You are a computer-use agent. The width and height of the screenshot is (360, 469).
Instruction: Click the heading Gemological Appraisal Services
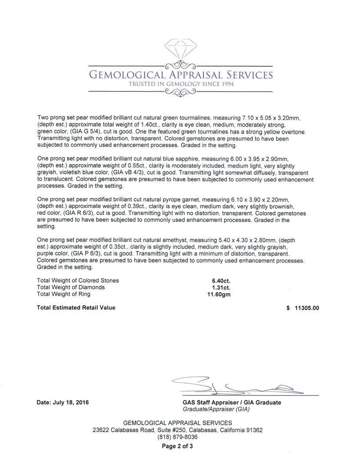(x=181, y=75)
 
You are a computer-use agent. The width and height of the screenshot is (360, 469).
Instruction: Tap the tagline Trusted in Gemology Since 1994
(x=181, y=84)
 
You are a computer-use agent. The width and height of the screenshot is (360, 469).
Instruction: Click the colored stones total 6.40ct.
(x=221, y=281)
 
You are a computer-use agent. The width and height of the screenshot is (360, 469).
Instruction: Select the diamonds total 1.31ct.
(x=221, y=287)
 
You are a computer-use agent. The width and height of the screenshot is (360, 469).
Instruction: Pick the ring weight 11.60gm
(x=219, y=294)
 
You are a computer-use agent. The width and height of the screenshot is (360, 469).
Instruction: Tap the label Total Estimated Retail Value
(x=76, y=308)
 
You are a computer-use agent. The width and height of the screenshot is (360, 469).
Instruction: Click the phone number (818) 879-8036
(x=177, y=437)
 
